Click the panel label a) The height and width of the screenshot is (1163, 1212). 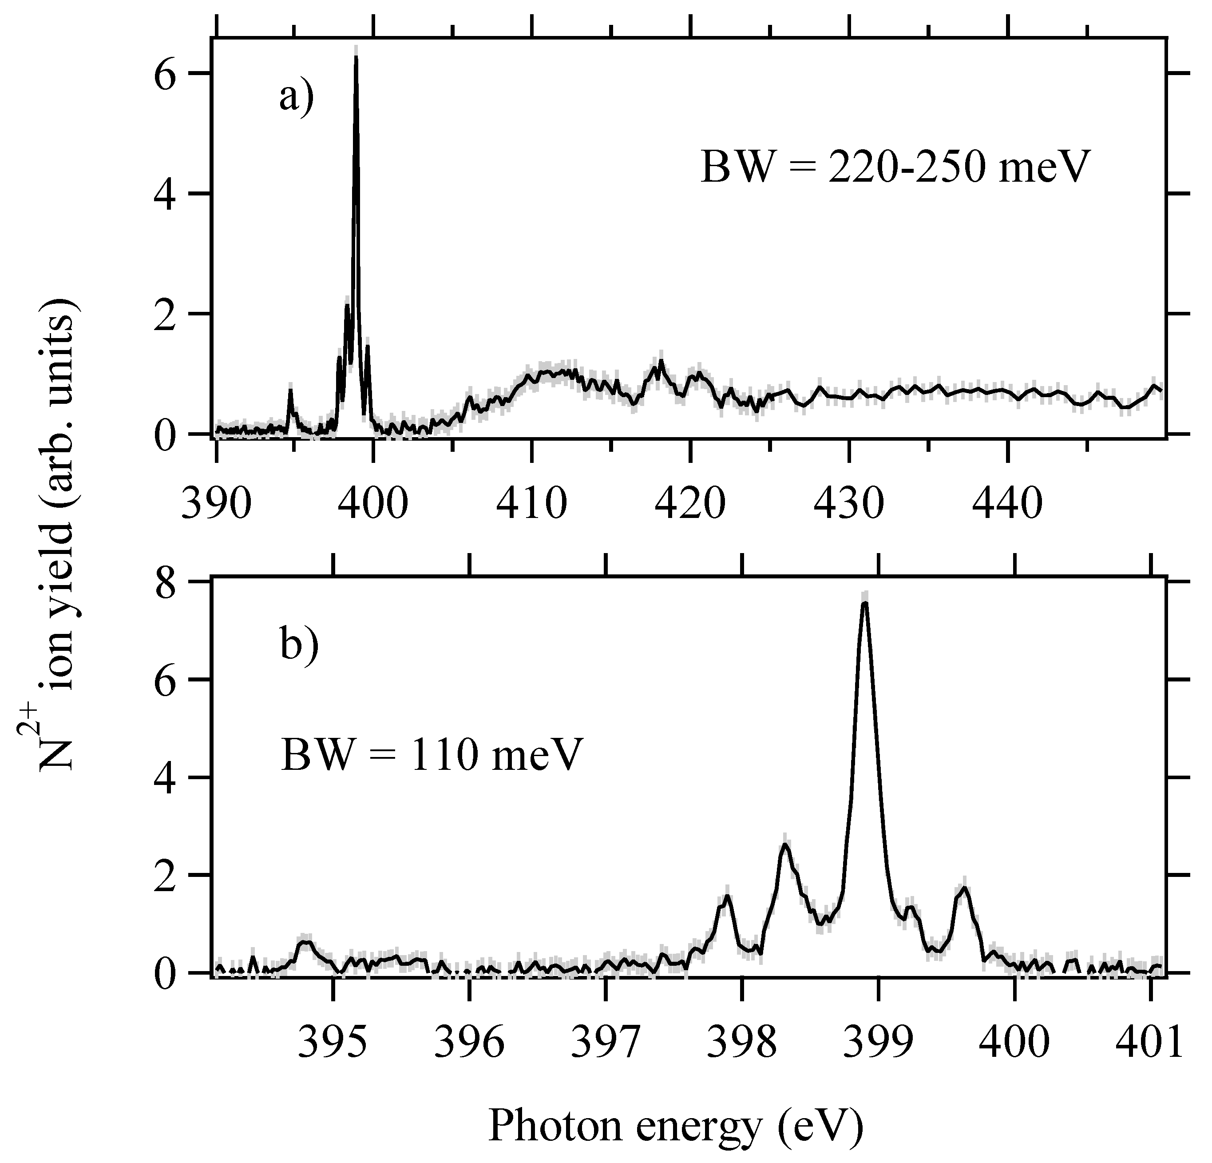(x=297, y=97)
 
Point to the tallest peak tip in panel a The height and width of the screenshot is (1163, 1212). (x=356, y=57)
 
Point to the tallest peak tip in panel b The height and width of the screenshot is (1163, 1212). (x=865, y=602)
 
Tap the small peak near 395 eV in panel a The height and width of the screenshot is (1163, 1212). (x=291, y=390)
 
